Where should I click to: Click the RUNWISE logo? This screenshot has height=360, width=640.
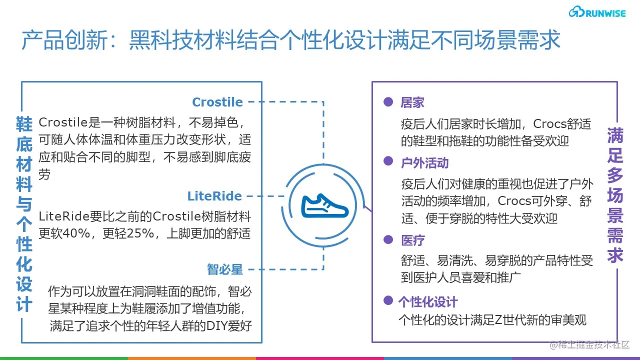coord(597,12)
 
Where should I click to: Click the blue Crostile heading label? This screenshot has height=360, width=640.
coord(217,102)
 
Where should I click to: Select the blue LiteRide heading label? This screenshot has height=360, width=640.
coord(214,196)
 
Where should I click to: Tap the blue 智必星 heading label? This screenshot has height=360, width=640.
coord(225,270)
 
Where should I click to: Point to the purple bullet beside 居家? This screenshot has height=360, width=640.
coord(387,101)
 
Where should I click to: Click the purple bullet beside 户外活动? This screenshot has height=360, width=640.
coord(387,161)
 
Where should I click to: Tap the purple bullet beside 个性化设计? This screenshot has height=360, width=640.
coord(387,300)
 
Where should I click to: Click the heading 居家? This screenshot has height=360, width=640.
coord(412,103)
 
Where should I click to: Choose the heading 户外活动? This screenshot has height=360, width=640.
coord(424,163)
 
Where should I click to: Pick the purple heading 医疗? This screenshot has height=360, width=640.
coord(412,240)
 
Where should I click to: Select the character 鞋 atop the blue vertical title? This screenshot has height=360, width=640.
coord(24,124)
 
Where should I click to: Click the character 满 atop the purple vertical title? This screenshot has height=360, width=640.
coord(615,135)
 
